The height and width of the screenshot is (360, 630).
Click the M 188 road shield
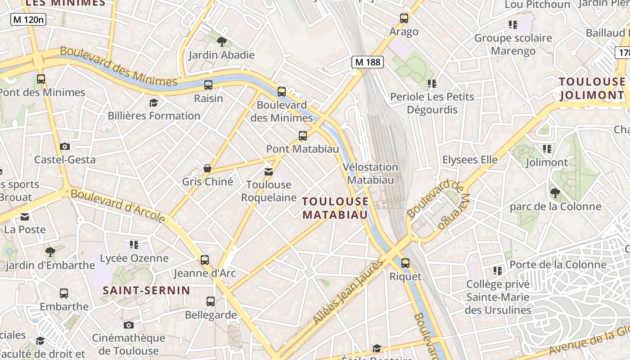[x=368, y=62]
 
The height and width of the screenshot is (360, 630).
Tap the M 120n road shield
[x=28, y=19]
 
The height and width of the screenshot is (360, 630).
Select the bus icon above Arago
[x=404, y=18]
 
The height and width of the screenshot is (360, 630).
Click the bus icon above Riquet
[x=405, y=263]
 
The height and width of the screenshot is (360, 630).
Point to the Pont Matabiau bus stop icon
[x=303, y=135]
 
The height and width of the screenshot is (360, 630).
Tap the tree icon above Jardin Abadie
[x=221, y=42]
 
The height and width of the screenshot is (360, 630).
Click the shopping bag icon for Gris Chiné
[x=207, y=168]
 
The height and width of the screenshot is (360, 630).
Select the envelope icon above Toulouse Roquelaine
[x=269, y=171]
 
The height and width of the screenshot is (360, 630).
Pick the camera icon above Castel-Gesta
[x=65, y=146]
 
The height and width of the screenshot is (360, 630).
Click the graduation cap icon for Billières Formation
[x=153, y=103]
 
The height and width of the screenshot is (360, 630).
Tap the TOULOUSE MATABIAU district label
[x=335, y=208]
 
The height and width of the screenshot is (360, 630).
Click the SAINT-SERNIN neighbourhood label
[x=147, y=290]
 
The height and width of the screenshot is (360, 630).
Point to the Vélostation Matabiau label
[x=370, y=173]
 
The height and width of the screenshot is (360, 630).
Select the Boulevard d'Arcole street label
[x=118, y=205]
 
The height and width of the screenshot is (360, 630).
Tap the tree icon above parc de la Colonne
[x=555, y=193]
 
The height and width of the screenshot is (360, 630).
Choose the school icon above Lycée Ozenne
[x=134, y=245]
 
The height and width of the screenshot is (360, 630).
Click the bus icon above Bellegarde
[x=211, y=301]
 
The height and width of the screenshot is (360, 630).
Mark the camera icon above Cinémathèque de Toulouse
[x=129, y=325]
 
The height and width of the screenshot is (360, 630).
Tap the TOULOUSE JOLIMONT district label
[x=592, y=88]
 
